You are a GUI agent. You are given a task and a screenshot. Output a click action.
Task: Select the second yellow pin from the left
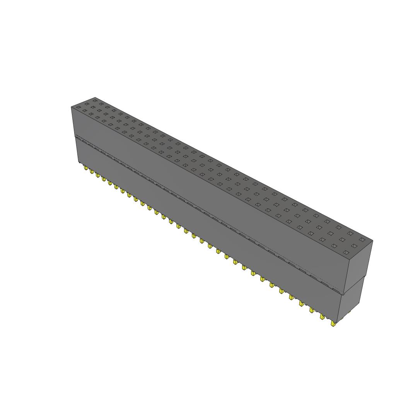coord(91,171)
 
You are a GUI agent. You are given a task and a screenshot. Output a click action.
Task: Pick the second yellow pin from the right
coord(322,317)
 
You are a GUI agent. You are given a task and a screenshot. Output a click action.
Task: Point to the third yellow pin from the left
coord(97,175)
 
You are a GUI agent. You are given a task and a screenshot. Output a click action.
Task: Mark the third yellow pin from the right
coord(312,311)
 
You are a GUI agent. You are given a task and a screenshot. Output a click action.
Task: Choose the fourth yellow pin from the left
coord(103,178)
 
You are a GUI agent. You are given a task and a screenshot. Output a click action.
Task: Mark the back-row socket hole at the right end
coord(362,240)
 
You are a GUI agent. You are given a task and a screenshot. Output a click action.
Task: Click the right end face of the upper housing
coord(358,267)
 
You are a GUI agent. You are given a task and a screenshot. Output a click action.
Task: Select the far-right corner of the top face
coord(373,241)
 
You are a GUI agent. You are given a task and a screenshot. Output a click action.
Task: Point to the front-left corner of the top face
coord(72,107)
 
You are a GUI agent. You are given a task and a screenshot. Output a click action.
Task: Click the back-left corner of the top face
coord(95,97)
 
